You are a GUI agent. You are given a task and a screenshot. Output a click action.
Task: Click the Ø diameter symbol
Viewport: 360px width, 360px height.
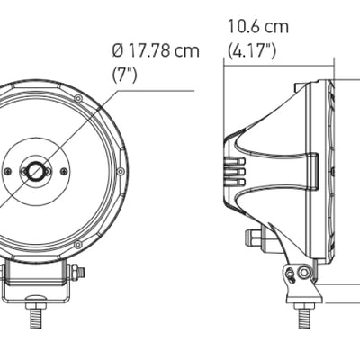(x=118, y=51)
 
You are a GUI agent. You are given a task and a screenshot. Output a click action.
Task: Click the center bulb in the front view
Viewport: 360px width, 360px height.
(x=38, y=170)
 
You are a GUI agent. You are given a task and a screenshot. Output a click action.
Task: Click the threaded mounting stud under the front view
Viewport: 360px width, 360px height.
(x=38, y=318)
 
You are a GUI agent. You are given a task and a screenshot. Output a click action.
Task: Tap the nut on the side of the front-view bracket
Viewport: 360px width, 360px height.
(x=80, y=273)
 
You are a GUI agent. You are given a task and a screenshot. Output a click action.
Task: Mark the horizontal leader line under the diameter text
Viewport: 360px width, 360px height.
(x=153, y=90)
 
